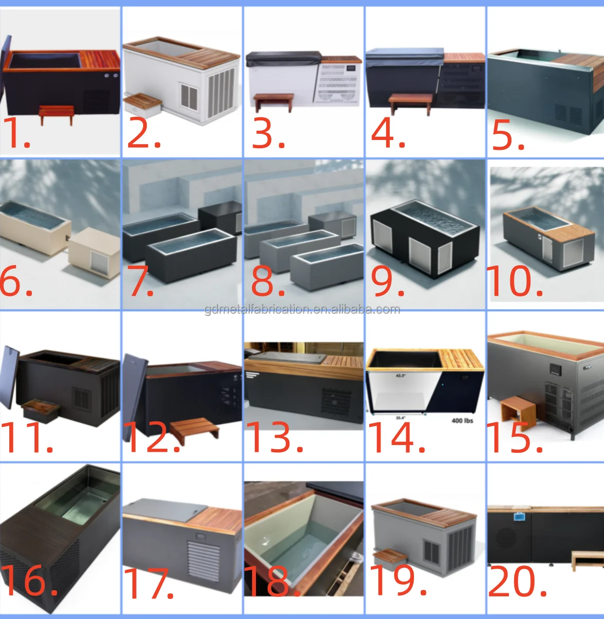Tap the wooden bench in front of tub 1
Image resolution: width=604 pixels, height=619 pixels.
tap(57, 113)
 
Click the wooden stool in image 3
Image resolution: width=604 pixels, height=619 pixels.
tap(273, 100)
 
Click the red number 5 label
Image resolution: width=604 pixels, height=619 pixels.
tap(508, 136)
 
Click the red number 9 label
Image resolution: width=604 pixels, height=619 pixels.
tap(387, 282)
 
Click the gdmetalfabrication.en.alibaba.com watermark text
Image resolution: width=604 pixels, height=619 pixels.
tap(302, 309)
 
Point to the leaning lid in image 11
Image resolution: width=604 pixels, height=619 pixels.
tap(10, 377)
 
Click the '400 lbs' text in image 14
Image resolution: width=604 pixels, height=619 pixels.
tap(462, 420)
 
